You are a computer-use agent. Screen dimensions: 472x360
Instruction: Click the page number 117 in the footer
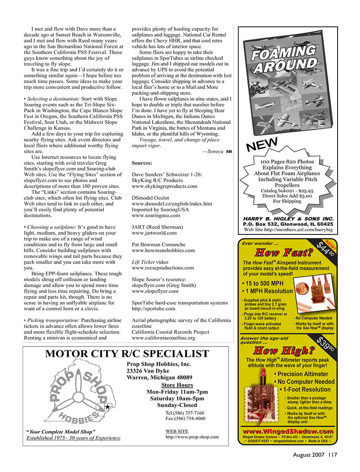tap(333, 455)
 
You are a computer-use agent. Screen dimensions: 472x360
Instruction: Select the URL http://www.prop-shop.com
tap(192, 437)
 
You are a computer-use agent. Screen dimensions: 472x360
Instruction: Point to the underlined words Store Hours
tap(177, 385)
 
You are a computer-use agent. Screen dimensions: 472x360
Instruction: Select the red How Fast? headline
tap(283, 252)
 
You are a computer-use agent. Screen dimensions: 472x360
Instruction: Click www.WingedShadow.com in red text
tap(288, 431)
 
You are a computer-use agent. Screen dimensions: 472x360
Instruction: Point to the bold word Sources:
tap(142, 163)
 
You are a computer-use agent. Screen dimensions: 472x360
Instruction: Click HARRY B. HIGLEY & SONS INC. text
tap(288, 219)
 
